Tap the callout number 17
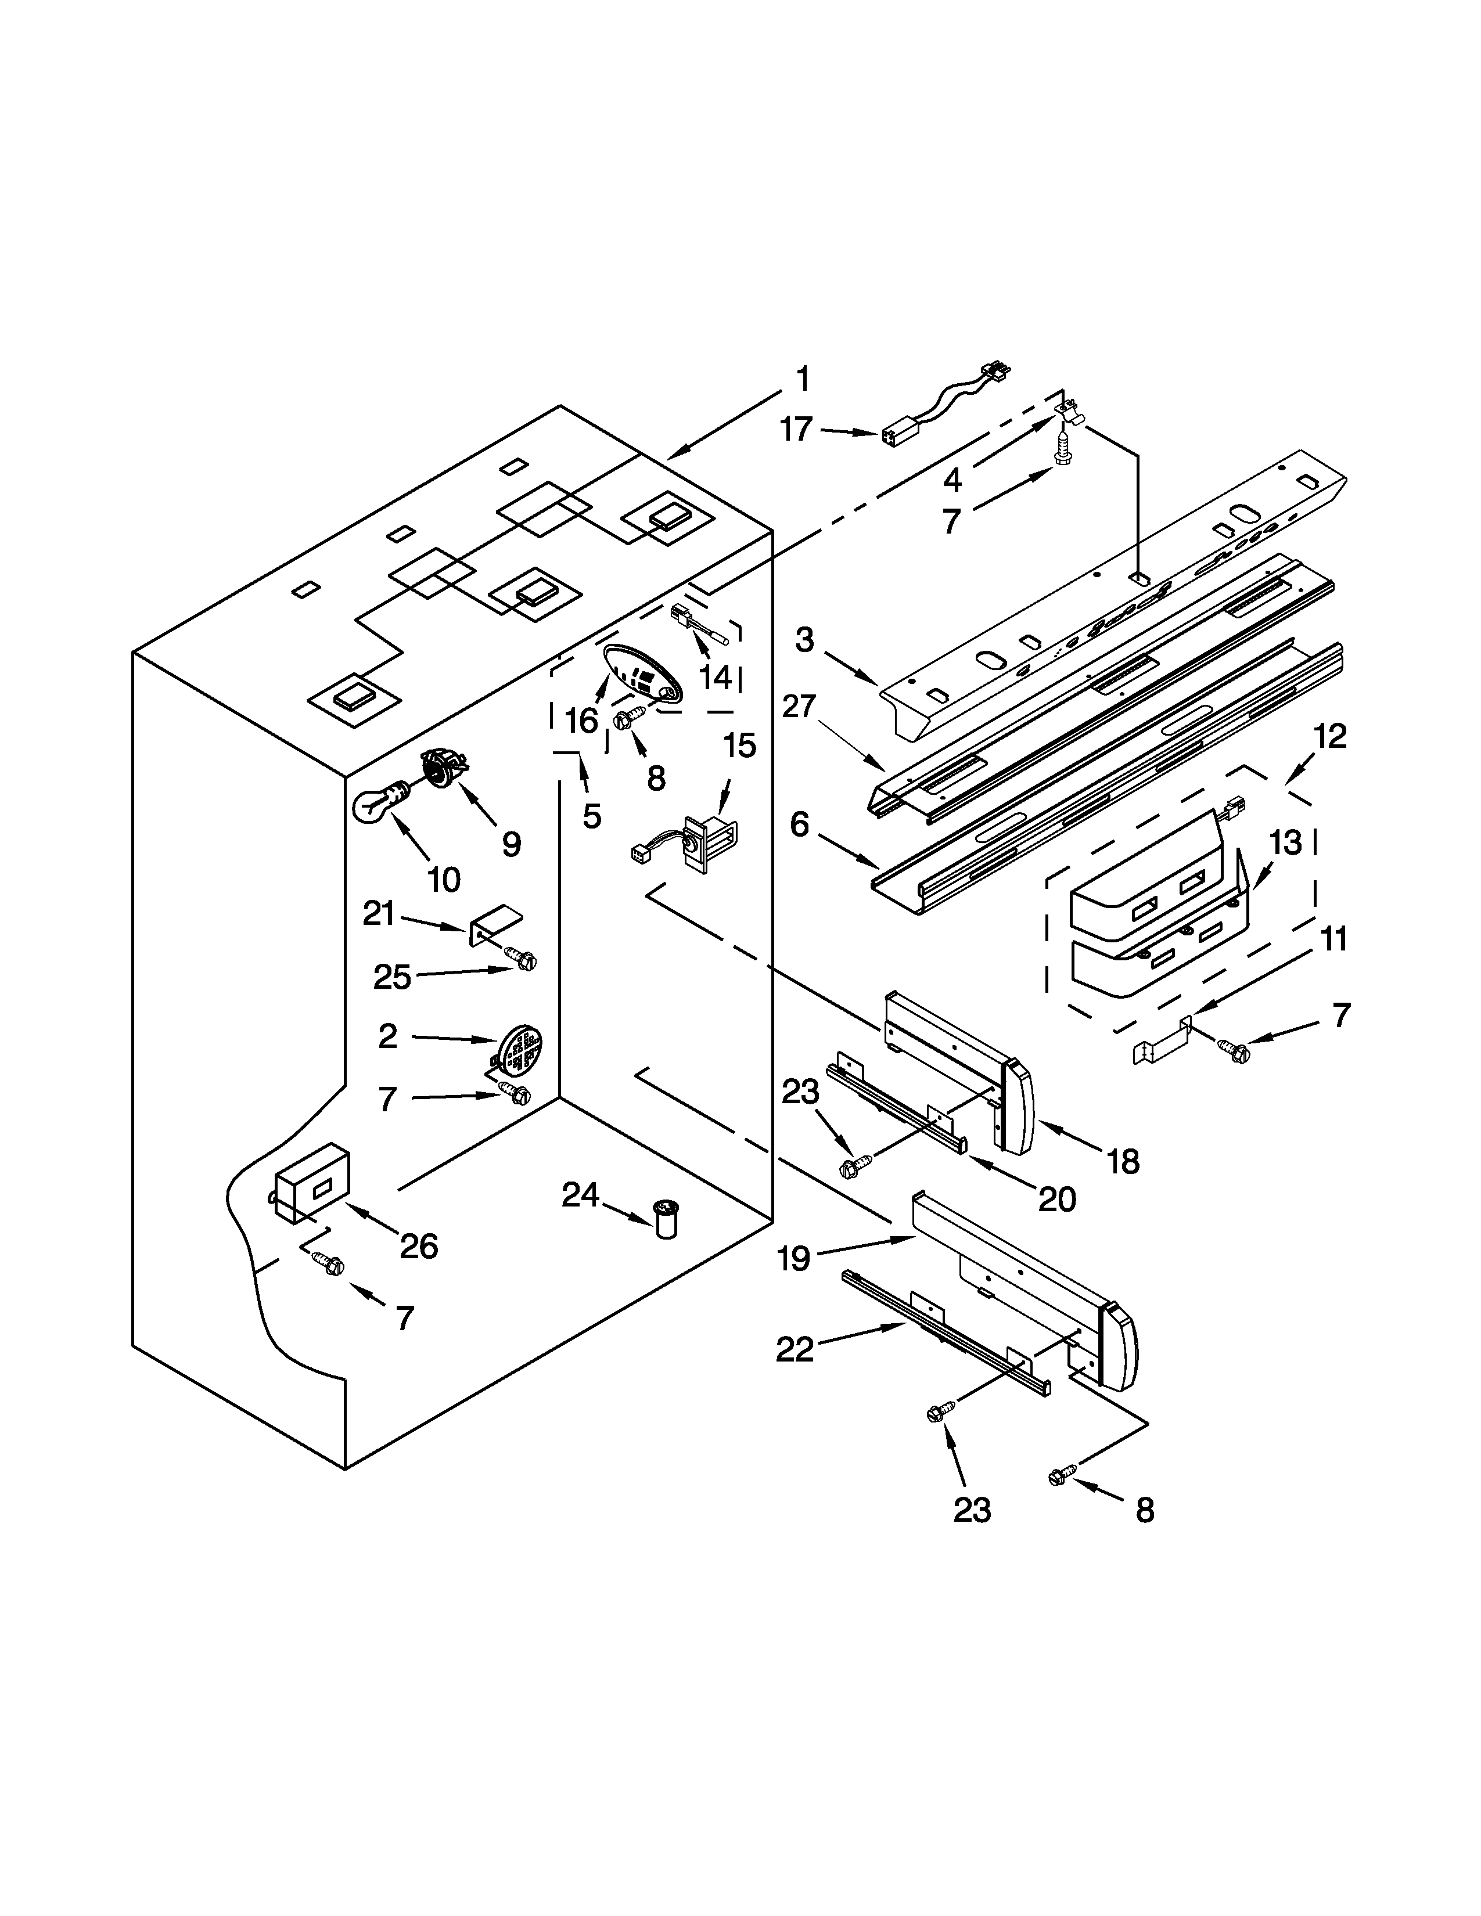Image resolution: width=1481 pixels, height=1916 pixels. (797, 430)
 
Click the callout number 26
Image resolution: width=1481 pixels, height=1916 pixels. (419, 1246)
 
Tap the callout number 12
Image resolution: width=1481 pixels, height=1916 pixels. (1330, 735)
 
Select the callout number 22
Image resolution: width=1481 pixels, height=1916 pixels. (795, 1349)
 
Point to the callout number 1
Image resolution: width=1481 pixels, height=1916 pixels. (802, 380)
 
